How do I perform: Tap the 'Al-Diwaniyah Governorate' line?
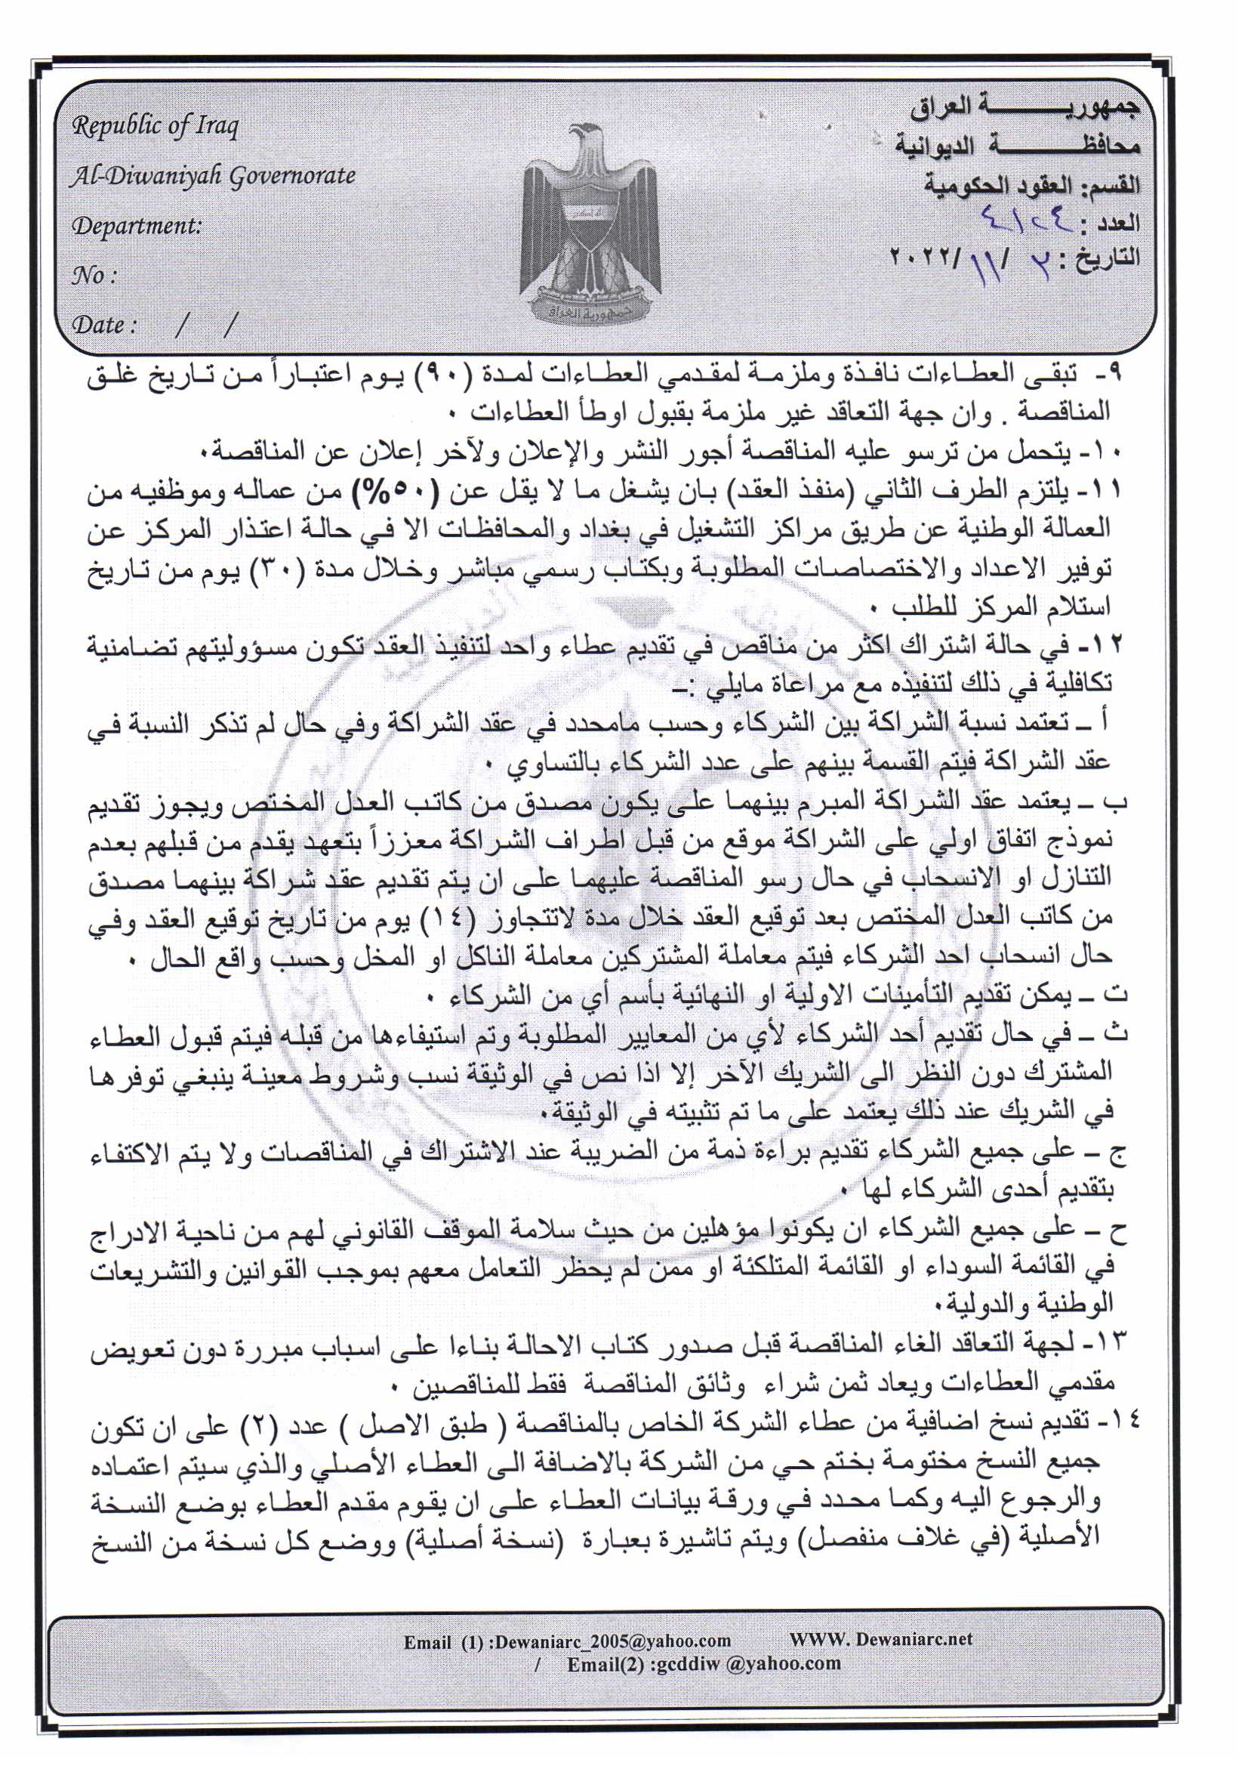[x=212, y=177]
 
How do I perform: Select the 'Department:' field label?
[x=136, y=226]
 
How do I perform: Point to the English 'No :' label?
[x=94, y=276]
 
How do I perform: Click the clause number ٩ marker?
[x=1116, y=374]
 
